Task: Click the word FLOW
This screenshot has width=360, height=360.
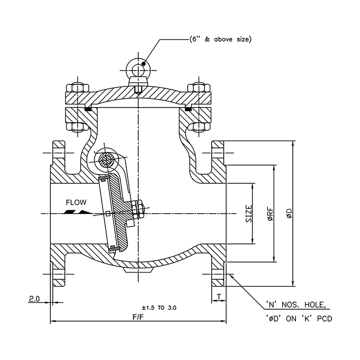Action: click(x=76, y=203)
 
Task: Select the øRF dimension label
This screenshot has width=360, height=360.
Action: click(x=270, y=213)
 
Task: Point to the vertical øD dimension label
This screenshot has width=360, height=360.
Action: click(x=288, y=213)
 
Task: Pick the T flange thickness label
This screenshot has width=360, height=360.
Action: click(x=218, y=297)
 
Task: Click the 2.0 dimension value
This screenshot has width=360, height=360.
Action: click(x=34, y=299)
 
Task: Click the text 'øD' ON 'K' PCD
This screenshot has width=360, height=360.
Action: click(x=299, y=318)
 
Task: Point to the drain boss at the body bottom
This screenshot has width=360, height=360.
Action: click(x=138, y=270)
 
